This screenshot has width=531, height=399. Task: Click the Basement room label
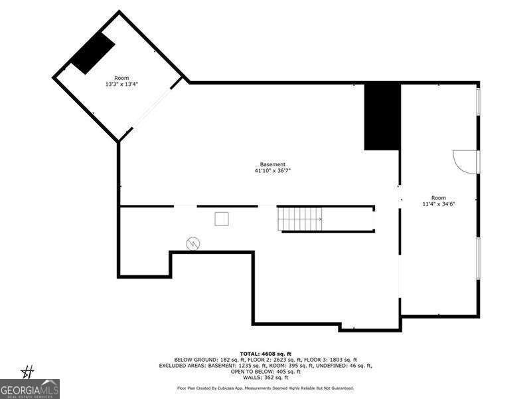(273, 164)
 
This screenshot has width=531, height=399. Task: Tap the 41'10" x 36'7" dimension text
(273, 171)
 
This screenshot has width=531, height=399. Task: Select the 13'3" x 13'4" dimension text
(121, 84)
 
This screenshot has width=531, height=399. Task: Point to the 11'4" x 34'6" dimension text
(439, 204)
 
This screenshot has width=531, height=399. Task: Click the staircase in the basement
(300, 219)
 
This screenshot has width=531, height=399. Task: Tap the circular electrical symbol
(193, 243)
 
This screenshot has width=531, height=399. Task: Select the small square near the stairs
(222, 219)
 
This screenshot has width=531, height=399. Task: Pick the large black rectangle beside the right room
(382, 117)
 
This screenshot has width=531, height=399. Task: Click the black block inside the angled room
(92, 53)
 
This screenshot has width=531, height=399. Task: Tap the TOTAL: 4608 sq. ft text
(265, 354)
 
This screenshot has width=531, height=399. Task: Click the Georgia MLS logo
(29, 389)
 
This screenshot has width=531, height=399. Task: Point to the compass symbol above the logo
(27, 372)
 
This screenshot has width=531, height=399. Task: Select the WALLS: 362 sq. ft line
(265, 377)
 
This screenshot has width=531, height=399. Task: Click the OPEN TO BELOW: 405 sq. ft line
(265, 372)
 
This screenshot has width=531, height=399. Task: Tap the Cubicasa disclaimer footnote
(265, 388)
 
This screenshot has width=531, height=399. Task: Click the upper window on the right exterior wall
(478, 102)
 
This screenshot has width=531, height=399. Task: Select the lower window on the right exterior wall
(478, 259)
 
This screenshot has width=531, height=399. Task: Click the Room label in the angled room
(121, 78)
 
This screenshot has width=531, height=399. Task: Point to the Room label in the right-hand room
(439, 198)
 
